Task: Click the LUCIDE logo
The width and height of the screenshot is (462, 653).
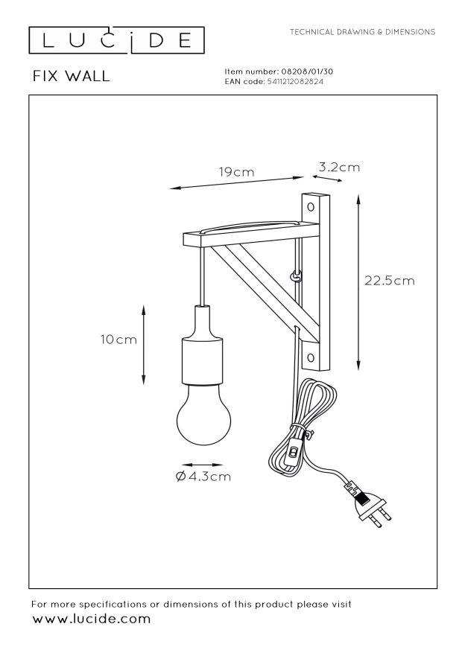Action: (116, 40)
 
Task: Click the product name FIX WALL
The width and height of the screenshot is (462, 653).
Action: (72, 76)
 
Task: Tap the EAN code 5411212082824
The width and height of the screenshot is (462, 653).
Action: (294, 82)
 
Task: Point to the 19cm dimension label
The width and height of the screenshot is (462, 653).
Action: (237, 172)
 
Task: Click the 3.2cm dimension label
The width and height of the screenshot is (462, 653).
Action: (339, 167)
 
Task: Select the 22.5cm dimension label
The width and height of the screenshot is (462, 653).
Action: (390, 281)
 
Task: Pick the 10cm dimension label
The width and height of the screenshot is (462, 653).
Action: (118, 340)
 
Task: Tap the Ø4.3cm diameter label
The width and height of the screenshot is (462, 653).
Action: (203, 477)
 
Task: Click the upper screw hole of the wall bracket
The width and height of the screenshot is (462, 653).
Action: (311, 207)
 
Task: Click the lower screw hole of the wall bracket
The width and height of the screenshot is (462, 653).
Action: (311, 357)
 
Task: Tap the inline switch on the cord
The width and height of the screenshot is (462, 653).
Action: (294, 452)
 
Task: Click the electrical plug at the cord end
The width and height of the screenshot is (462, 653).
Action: (368, 506)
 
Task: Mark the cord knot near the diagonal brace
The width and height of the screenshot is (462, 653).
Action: (296, 276)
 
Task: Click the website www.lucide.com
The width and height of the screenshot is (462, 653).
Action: (91, 619)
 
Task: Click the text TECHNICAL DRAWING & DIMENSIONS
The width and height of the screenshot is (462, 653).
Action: (362, 32)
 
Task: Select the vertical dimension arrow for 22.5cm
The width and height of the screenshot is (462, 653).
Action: (358, 282)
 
